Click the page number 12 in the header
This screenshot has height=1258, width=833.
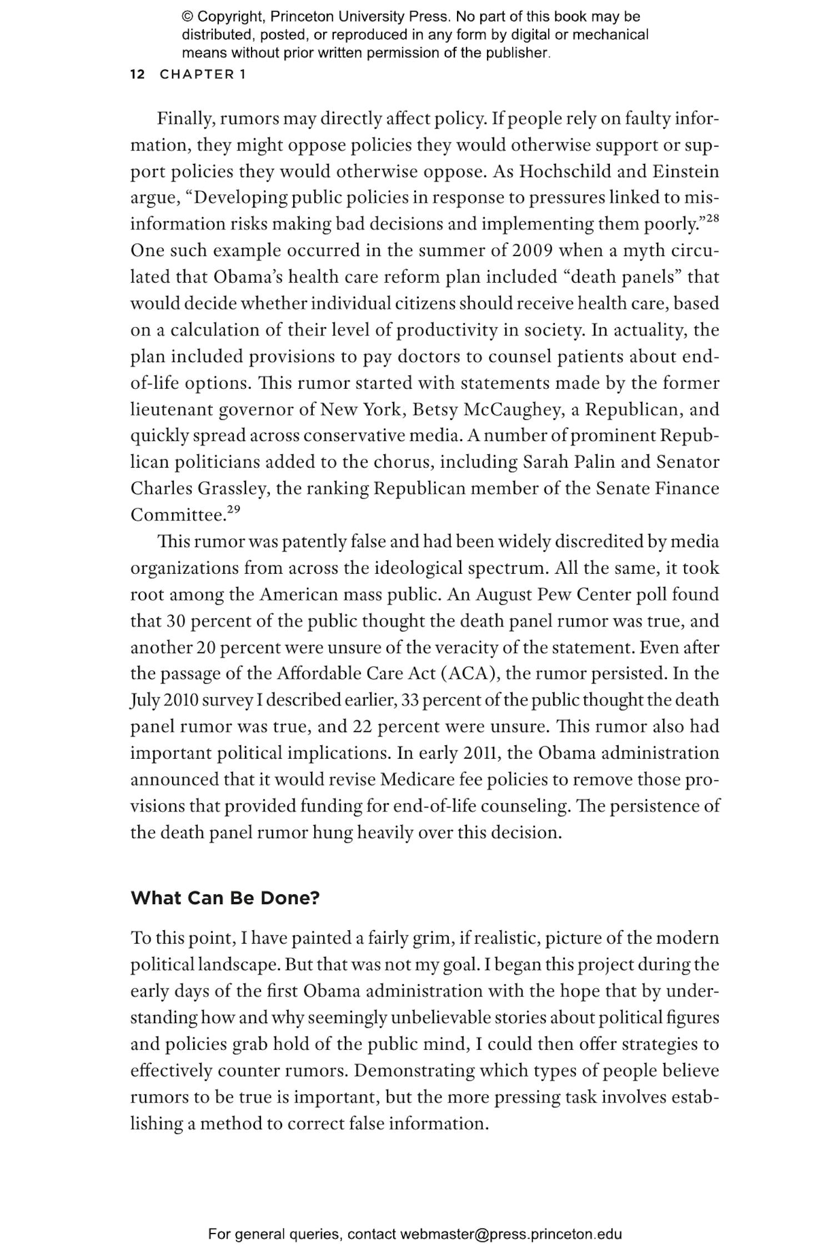click(137, 74)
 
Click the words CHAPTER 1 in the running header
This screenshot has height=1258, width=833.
click(203, 74)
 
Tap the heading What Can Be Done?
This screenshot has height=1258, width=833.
click(225, 898)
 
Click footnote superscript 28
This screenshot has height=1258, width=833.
click(712, 219)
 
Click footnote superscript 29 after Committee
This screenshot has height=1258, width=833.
click(234, 510)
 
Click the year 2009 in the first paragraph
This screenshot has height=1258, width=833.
click(531, 250)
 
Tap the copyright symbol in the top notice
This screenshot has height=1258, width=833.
click(187, 17)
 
